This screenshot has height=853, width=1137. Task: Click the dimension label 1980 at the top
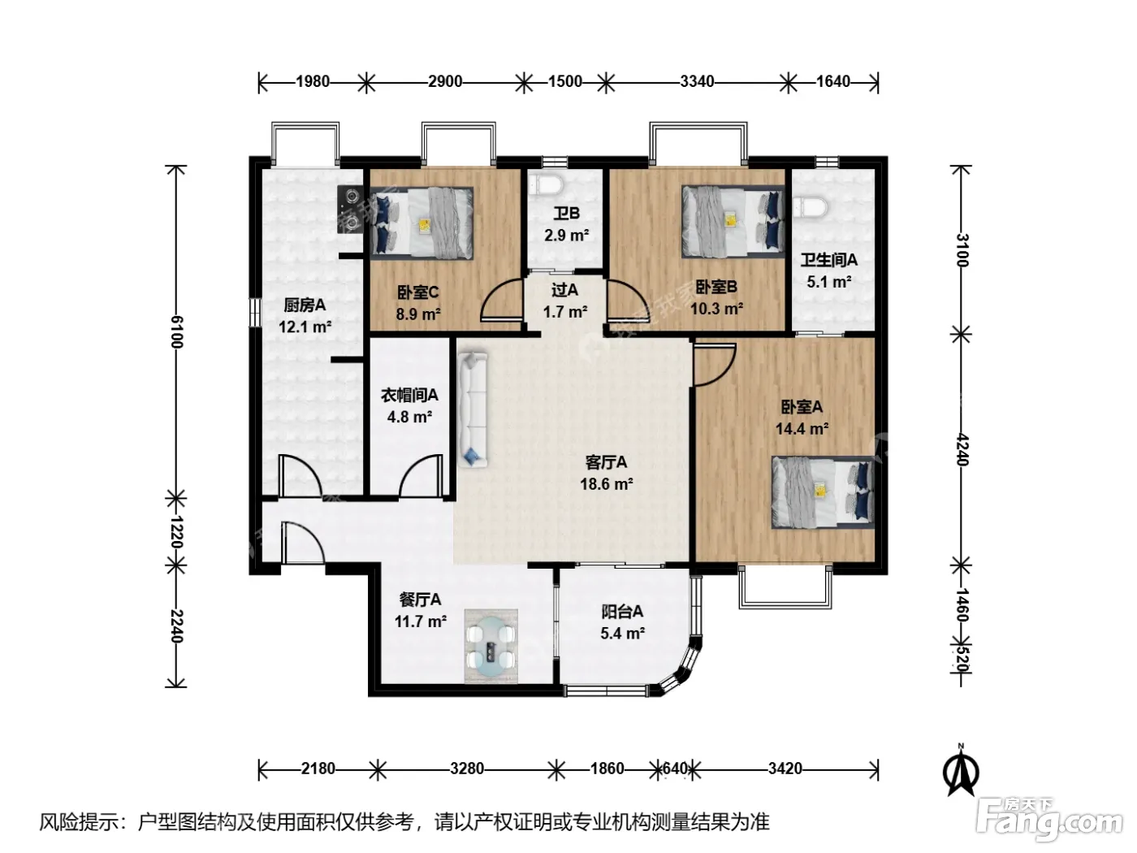pos(313,82)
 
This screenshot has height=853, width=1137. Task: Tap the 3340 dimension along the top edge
pos(697,82)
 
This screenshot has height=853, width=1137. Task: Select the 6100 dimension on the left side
pos(176,331)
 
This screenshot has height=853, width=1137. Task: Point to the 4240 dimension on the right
pos(962,449)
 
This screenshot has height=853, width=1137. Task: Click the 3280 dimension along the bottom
pos(467,768)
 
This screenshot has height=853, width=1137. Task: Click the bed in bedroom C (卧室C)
pos(422,223)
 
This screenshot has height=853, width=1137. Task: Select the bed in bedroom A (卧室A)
pos(823,491)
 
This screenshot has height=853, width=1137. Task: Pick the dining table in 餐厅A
pos(491,646)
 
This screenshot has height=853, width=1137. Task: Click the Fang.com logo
pos(1048,818)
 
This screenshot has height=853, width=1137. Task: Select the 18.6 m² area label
pos(606,484)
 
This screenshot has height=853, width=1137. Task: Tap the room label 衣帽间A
pos(409,395)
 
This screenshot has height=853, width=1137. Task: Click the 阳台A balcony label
pos(622,612)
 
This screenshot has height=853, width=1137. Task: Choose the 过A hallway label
pos(564,290)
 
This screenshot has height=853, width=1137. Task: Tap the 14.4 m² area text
pos(802,429)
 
